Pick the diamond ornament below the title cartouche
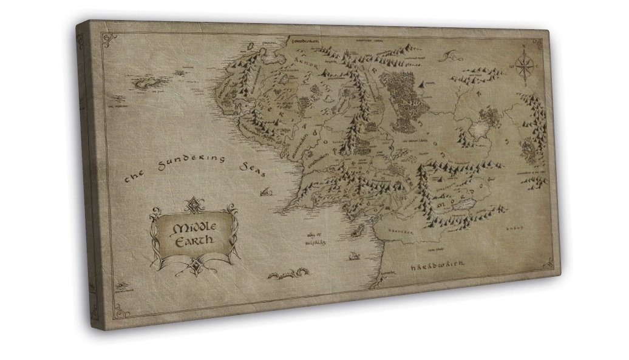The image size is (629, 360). point(194,264)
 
